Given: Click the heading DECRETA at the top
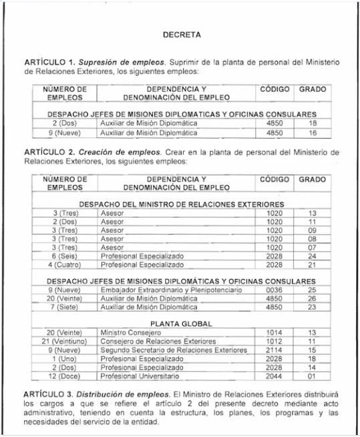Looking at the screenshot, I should [x=182, y=33].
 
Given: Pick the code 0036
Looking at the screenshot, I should [x=275, y=291].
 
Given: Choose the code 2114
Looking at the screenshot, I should [x=275, y=349].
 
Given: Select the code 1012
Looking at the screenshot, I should [x=275, y=340].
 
